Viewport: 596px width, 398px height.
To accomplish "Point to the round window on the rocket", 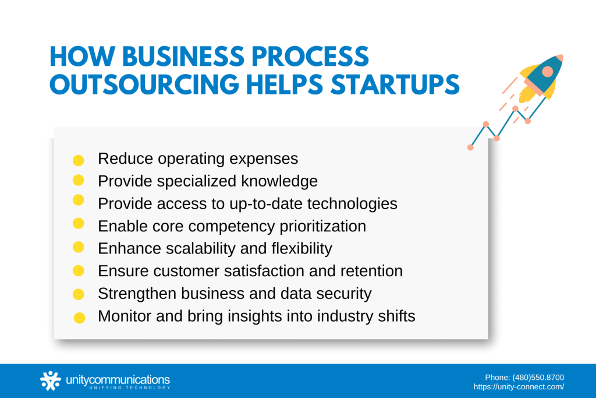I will pyautogui.click(x=547, y=72).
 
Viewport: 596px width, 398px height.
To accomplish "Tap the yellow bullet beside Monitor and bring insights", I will pyautogui.click(x=80, y=318).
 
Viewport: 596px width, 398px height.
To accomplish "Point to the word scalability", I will pyautogui.click(x=193, y=249).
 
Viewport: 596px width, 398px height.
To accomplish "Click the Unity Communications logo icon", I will pyautogui.click(x=50, y=381).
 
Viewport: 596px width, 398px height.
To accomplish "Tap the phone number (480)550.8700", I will pyautogui.click(x=537, y=377).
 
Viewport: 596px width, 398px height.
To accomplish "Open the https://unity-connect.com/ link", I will pyautogui.click(x=519, y=386).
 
